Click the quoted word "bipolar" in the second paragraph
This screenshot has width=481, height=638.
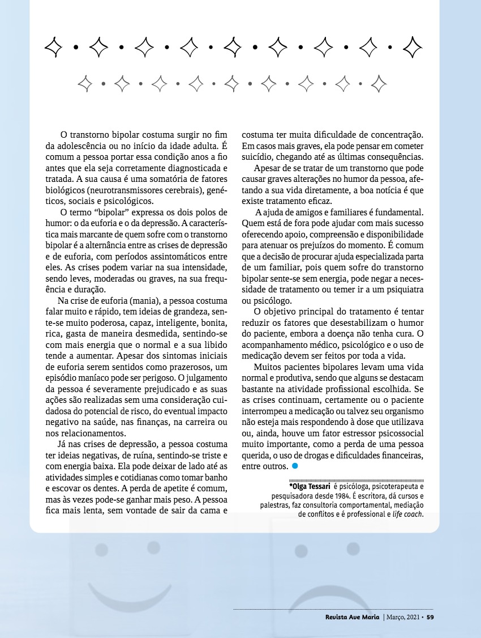tap(115, 212)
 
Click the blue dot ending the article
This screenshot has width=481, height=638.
tap(295, 466)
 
